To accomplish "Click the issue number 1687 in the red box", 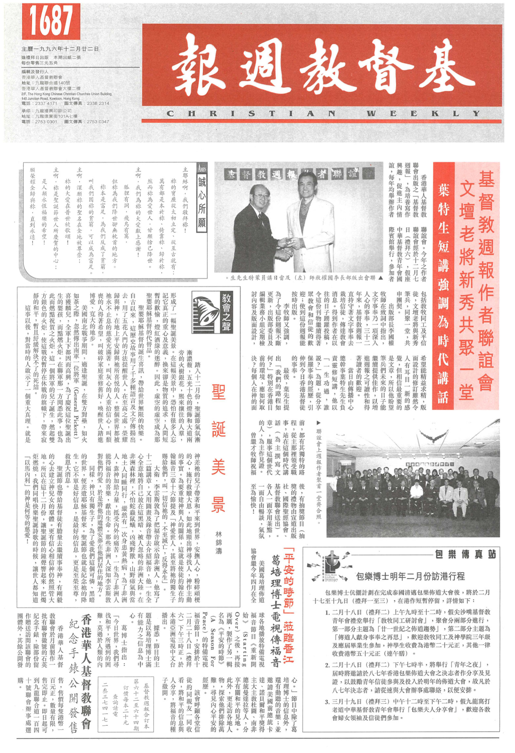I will point(51,21).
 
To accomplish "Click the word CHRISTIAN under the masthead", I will point(251,114).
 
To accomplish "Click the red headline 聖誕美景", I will point(219,447).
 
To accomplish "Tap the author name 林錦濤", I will point(219,542).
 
